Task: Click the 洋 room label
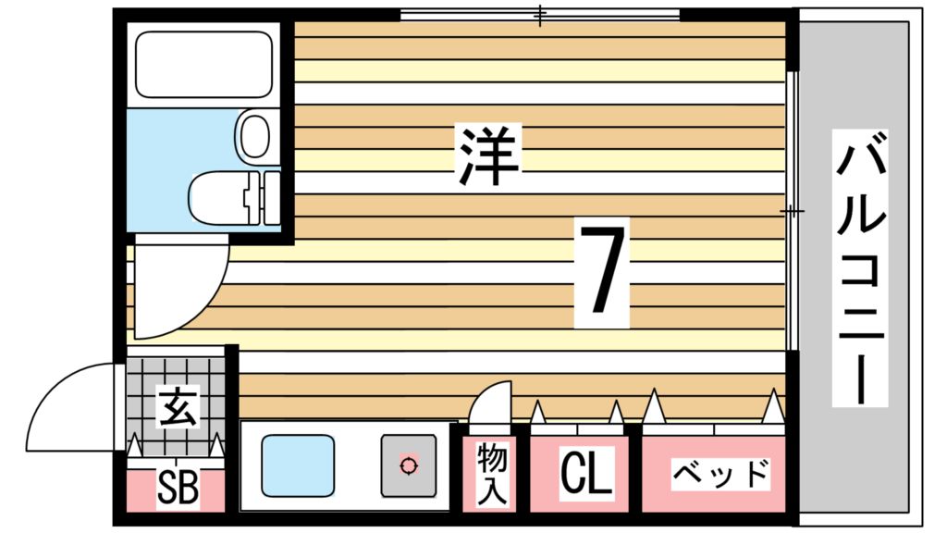click(488, 155)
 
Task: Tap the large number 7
click(601, 273)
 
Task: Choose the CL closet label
click(585, 473)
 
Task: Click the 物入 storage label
click(492, 474)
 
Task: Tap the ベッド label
click(720, 475)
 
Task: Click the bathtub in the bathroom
click(204, 64)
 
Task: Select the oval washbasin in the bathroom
click(255, 135)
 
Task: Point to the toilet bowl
click(217, 198)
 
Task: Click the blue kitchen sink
click(298, 466)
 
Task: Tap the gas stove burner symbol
click(409, 466)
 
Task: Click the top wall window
click(540, 15)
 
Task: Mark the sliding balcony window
click(792, 211)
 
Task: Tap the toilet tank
click(264, 198)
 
